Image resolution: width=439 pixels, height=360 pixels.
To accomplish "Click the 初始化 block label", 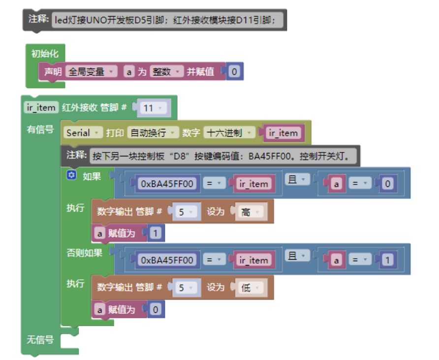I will [45, 54].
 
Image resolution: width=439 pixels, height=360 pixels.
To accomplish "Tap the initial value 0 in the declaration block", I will [234, 72].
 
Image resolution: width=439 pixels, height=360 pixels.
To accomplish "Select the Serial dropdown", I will [83, 133].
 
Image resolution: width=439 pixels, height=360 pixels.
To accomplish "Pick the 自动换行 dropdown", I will [153, 133].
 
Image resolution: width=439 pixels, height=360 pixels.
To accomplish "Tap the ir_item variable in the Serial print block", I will [283, 133].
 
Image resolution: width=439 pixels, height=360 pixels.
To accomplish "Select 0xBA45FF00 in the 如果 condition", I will [167, 184].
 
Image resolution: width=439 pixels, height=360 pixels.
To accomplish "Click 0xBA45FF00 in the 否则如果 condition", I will [167, 260].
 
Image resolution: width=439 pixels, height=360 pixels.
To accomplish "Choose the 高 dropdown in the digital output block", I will [250, 212].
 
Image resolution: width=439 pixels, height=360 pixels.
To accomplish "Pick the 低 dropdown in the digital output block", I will [250, 288].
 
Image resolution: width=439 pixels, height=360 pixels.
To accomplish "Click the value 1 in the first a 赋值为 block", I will [156, 233].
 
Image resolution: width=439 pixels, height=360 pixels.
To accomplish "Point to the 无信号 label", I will [40, 339].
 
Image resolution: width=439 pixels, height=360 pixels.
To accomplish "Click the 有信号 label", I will [40, 129].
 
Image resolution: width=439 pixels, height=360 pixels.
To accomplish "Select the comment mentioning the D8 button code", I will [221, 156].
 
